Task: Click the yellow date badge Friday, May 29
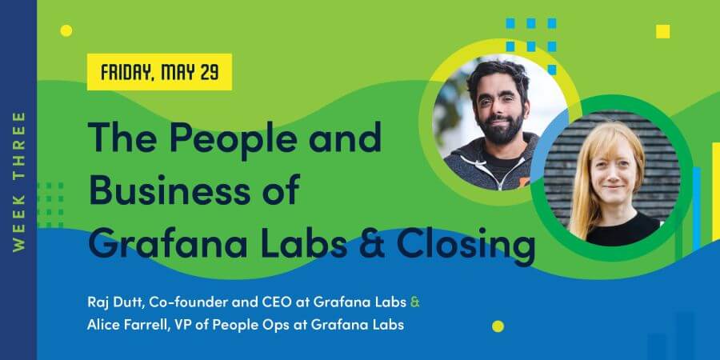[x=159, y=72]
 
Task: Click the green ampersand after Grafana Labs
[x=414, y=304]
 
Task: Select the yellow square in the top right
[x=662, y=31]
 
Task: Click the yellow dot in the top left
[x=66, y=30]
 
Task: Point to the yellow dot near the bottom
[x=498, y=326]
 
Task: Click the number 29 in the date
[x=209, y=72]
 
